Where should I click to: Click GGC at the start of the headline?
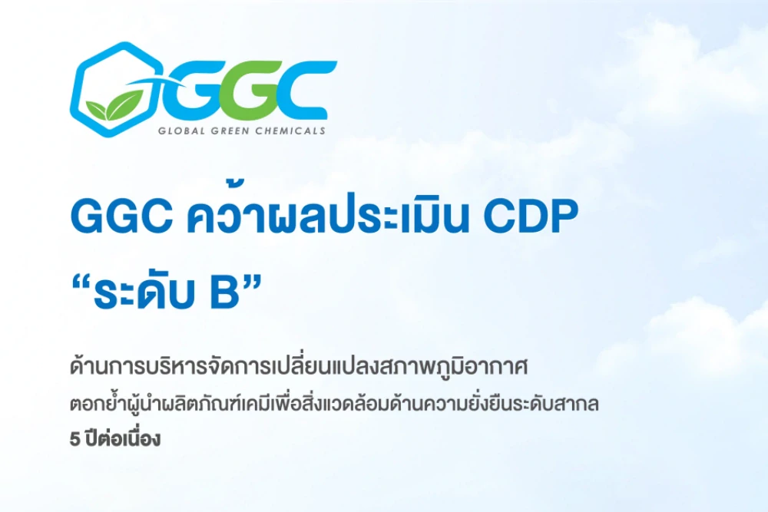(x=120, y=219)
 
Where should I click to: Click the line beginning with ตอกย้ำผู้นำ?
(x=333, y=405)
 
